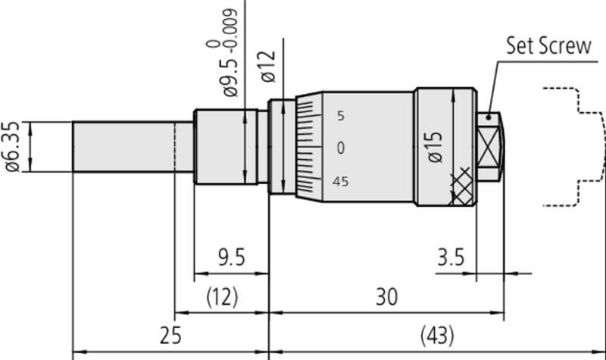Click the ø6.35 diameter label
12,146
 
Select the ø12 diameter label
269,67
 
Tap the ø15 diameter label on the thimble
435,147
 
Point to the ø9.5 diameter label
231,78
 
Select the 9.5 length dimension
232,257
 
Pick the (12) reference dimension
222,297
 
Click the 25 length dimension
170,335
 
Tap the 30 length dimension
386,297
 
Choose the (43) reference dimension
437,335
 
